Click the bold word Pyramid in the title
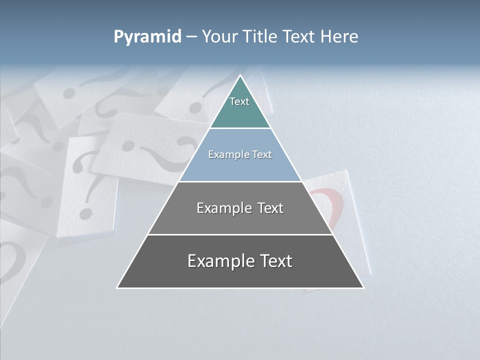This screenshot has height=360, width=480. (147, 37)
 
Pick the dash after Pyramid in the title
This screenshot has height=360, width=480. (191, 37)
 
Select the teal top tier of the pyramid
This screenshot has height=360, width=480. (240, 107)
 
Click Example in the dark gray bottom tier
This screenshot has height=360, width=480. (217, 261)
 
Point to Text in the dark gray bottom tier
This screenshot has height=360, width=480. (273, 261)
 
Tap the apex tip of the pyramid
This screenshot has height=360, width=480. (240, 75)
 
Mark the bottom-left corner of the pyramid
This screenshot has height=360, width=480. (117, 287)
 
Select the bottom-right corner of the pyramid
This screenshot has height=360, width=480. (363, 287)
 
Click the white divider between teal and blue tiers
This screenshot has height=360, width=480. (240, 128)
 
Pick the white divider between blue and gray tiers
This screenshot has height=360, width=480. (240, 181)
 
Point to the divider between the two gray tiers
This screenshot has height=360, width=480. (240, 234)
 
